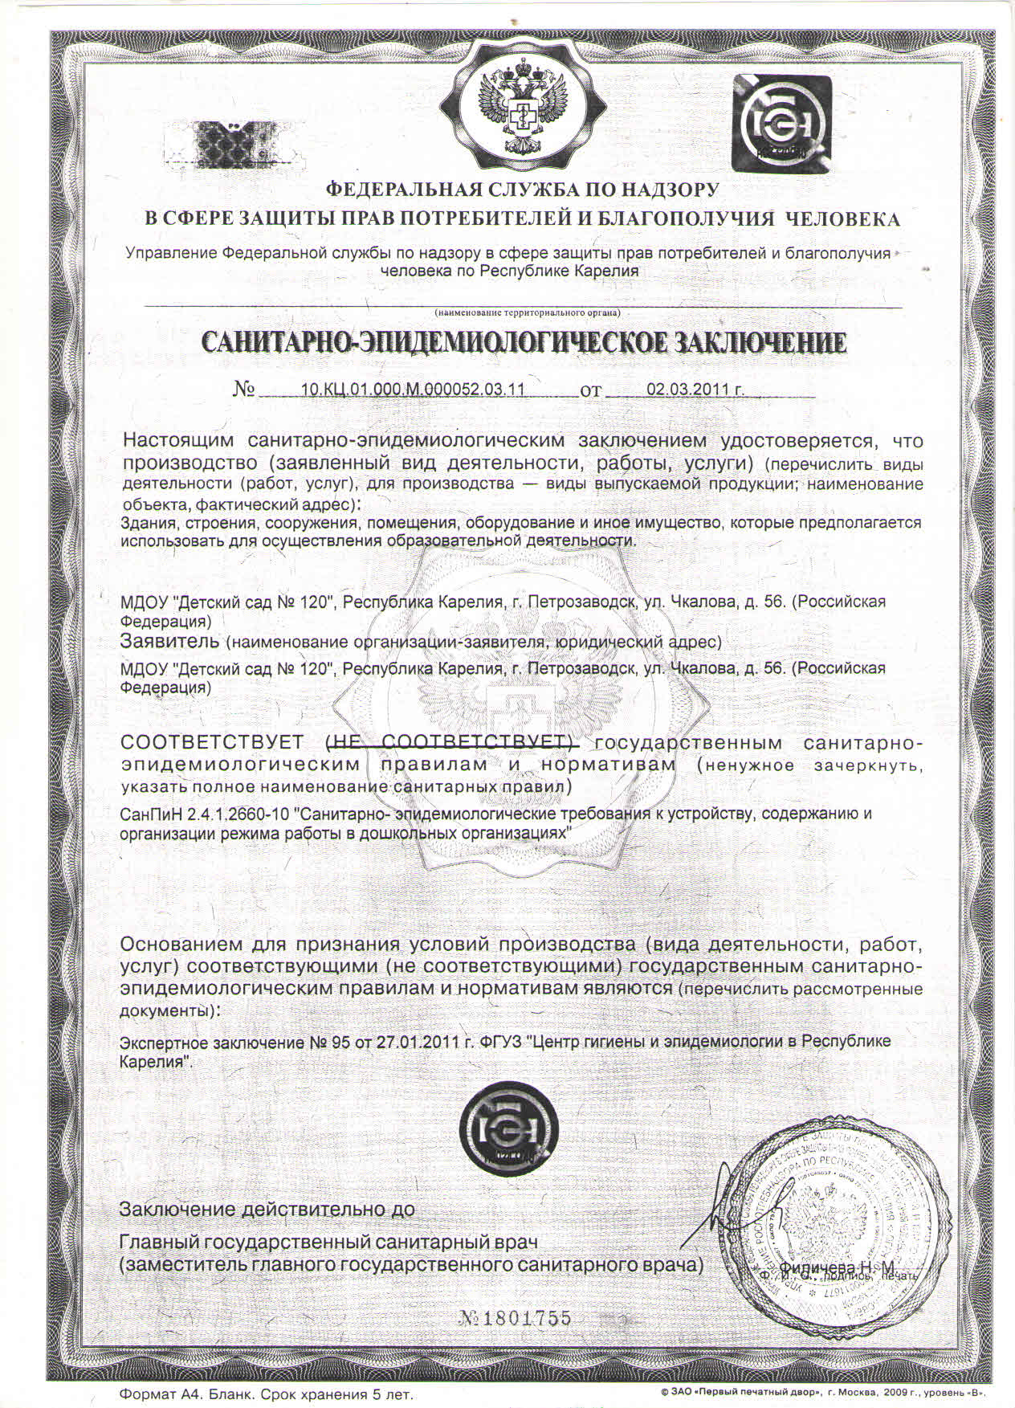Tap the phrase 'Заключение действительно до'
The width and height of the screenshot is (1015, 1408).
[x=267, y=1209]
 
